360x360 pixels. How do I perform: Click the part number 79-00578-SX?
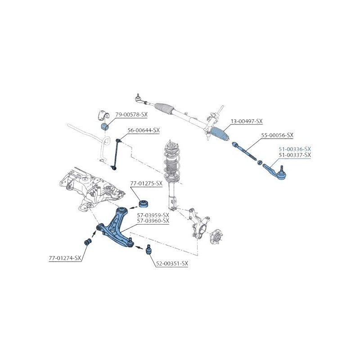[x=131, y=114]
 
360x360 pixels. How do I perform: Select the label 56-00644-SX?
[x=144, y=130]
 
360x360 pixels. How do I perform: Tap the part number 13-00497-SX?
[x=247, y=121]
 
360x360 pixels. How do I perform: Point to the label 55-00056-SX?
[x=277, y=135]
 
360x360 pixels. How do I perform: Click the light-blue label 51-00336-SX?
[x=295, y=149]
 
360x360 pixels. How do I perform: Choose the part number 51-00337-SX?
[x=295, y=155]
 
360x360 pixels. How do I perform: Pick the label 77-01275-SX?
[x=146, y=184]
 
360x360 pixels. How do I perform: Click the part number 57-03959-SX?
[x=153, y=216]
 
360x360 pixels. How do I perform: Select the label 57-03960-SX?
[x=153, y=221]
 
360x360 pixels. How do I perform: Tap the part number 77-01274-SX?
[x=65, y=258]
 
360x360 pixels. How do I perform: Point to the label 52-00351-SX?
[x=172, y=264]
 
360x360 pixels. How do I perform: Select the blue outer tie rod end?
[x=274, y=172]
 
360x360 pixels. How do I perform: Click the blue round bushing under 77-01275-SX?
[x=144, y=203]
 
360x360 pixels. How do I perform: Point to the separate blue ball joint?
[x=149, y=250]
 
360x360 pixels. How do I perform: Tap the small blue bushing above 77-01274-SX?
[x=87, y=242]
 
